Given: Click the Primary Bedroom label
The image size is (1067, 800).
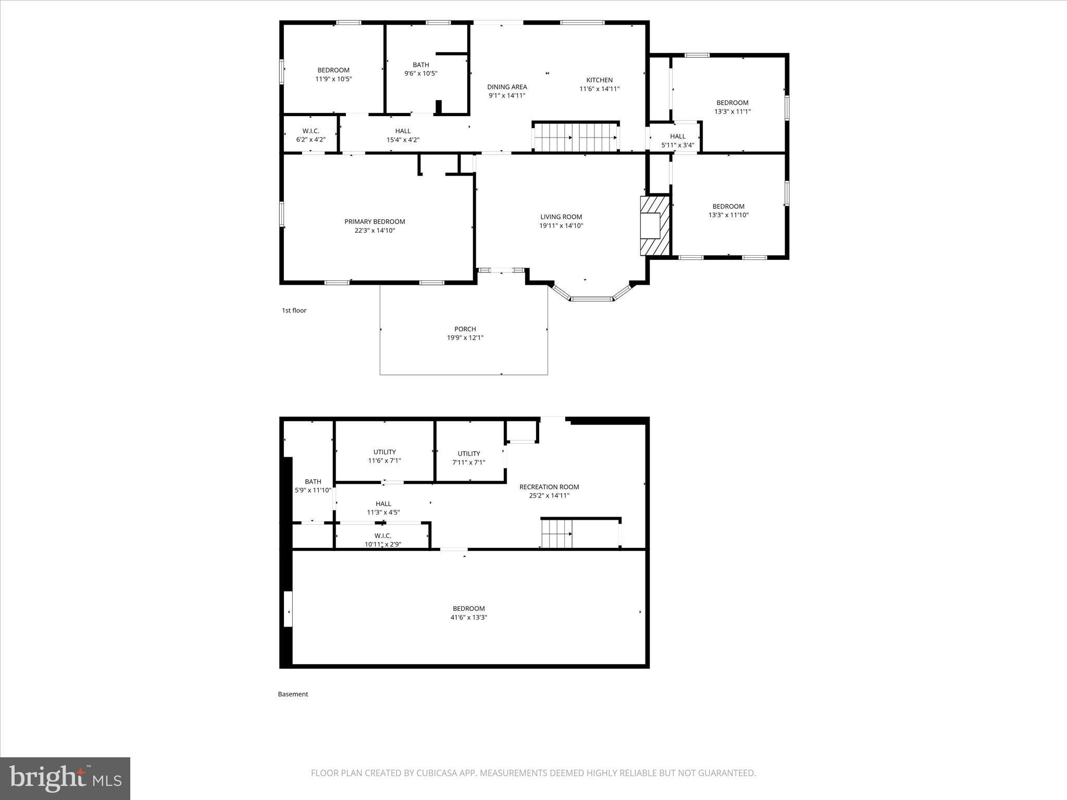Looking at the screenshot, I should click(375, 222).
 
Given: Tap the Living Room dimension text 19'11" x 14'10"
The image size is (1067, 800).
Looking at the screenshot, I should click(561, 226).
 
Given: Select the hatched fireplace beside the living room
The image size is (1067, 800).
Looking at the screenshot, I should click(655, 226).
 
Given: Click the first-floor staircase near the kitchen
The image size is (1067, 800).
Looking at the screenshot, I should click(576, 137).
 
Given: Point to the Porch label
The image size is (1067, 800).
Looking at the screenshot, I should click(465, 329).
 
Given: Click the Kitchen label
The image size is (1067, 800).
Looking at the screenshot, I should click(599, 80).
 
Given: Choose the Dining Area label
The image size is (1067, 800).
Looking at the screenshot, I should click(507, 87).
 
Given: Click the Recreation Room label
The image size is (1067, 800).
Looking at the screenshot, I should click(549, 487).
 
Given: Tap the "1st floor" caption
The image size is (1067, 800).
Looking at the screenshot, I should click(294, 310).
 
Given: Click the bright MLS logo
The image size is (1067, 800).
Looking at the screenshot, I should click(65, 778).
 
